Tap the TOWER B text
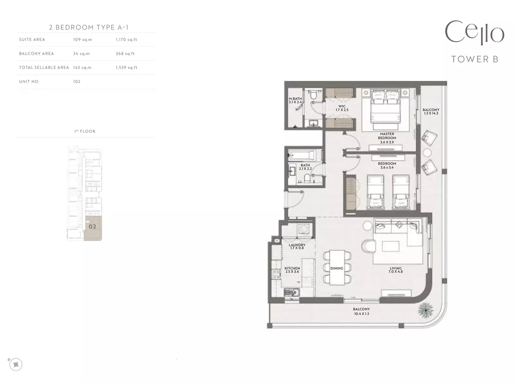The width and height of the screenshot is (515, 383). (475, 59)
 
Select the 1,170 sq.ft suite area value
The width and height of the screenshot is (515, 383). (126, 40)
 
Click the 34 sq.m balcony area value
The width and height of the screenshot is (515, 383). (81, 54)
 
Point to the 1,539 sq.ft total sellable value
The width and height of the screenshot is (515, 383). (126, 67)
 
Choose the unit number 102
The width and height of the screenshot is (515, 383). (77, 82)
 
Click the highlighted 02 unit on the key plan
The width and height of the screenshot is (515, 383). (93, 228)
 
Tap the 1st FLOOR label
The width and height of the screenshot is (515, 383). (85, 131)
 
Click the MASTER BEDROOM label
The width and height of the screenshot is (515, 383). (387, 136)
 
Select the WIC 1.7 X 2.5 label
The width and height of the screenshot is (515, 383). (342, 108)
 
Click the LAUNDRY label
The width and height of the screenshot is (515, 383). (297, 245)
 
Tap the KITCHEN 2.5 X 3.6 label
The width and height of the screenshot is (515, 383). (292, 270)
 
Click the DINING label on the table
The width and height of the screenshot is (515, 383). (337, 268)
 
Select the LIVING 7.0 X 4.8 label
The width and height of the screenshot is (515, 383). (396, 270)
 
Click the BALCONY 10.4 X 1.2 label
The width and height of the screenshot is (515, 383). (361, 311)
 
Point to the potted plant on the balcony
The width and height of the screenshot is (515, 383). (425, 310)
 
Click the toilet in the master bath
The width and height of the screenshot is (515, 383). (313, 95)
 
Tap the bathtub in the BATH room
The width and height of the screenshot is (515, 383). (302, 155)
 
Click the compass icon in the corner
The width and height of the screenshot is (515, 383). (16, 364)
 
